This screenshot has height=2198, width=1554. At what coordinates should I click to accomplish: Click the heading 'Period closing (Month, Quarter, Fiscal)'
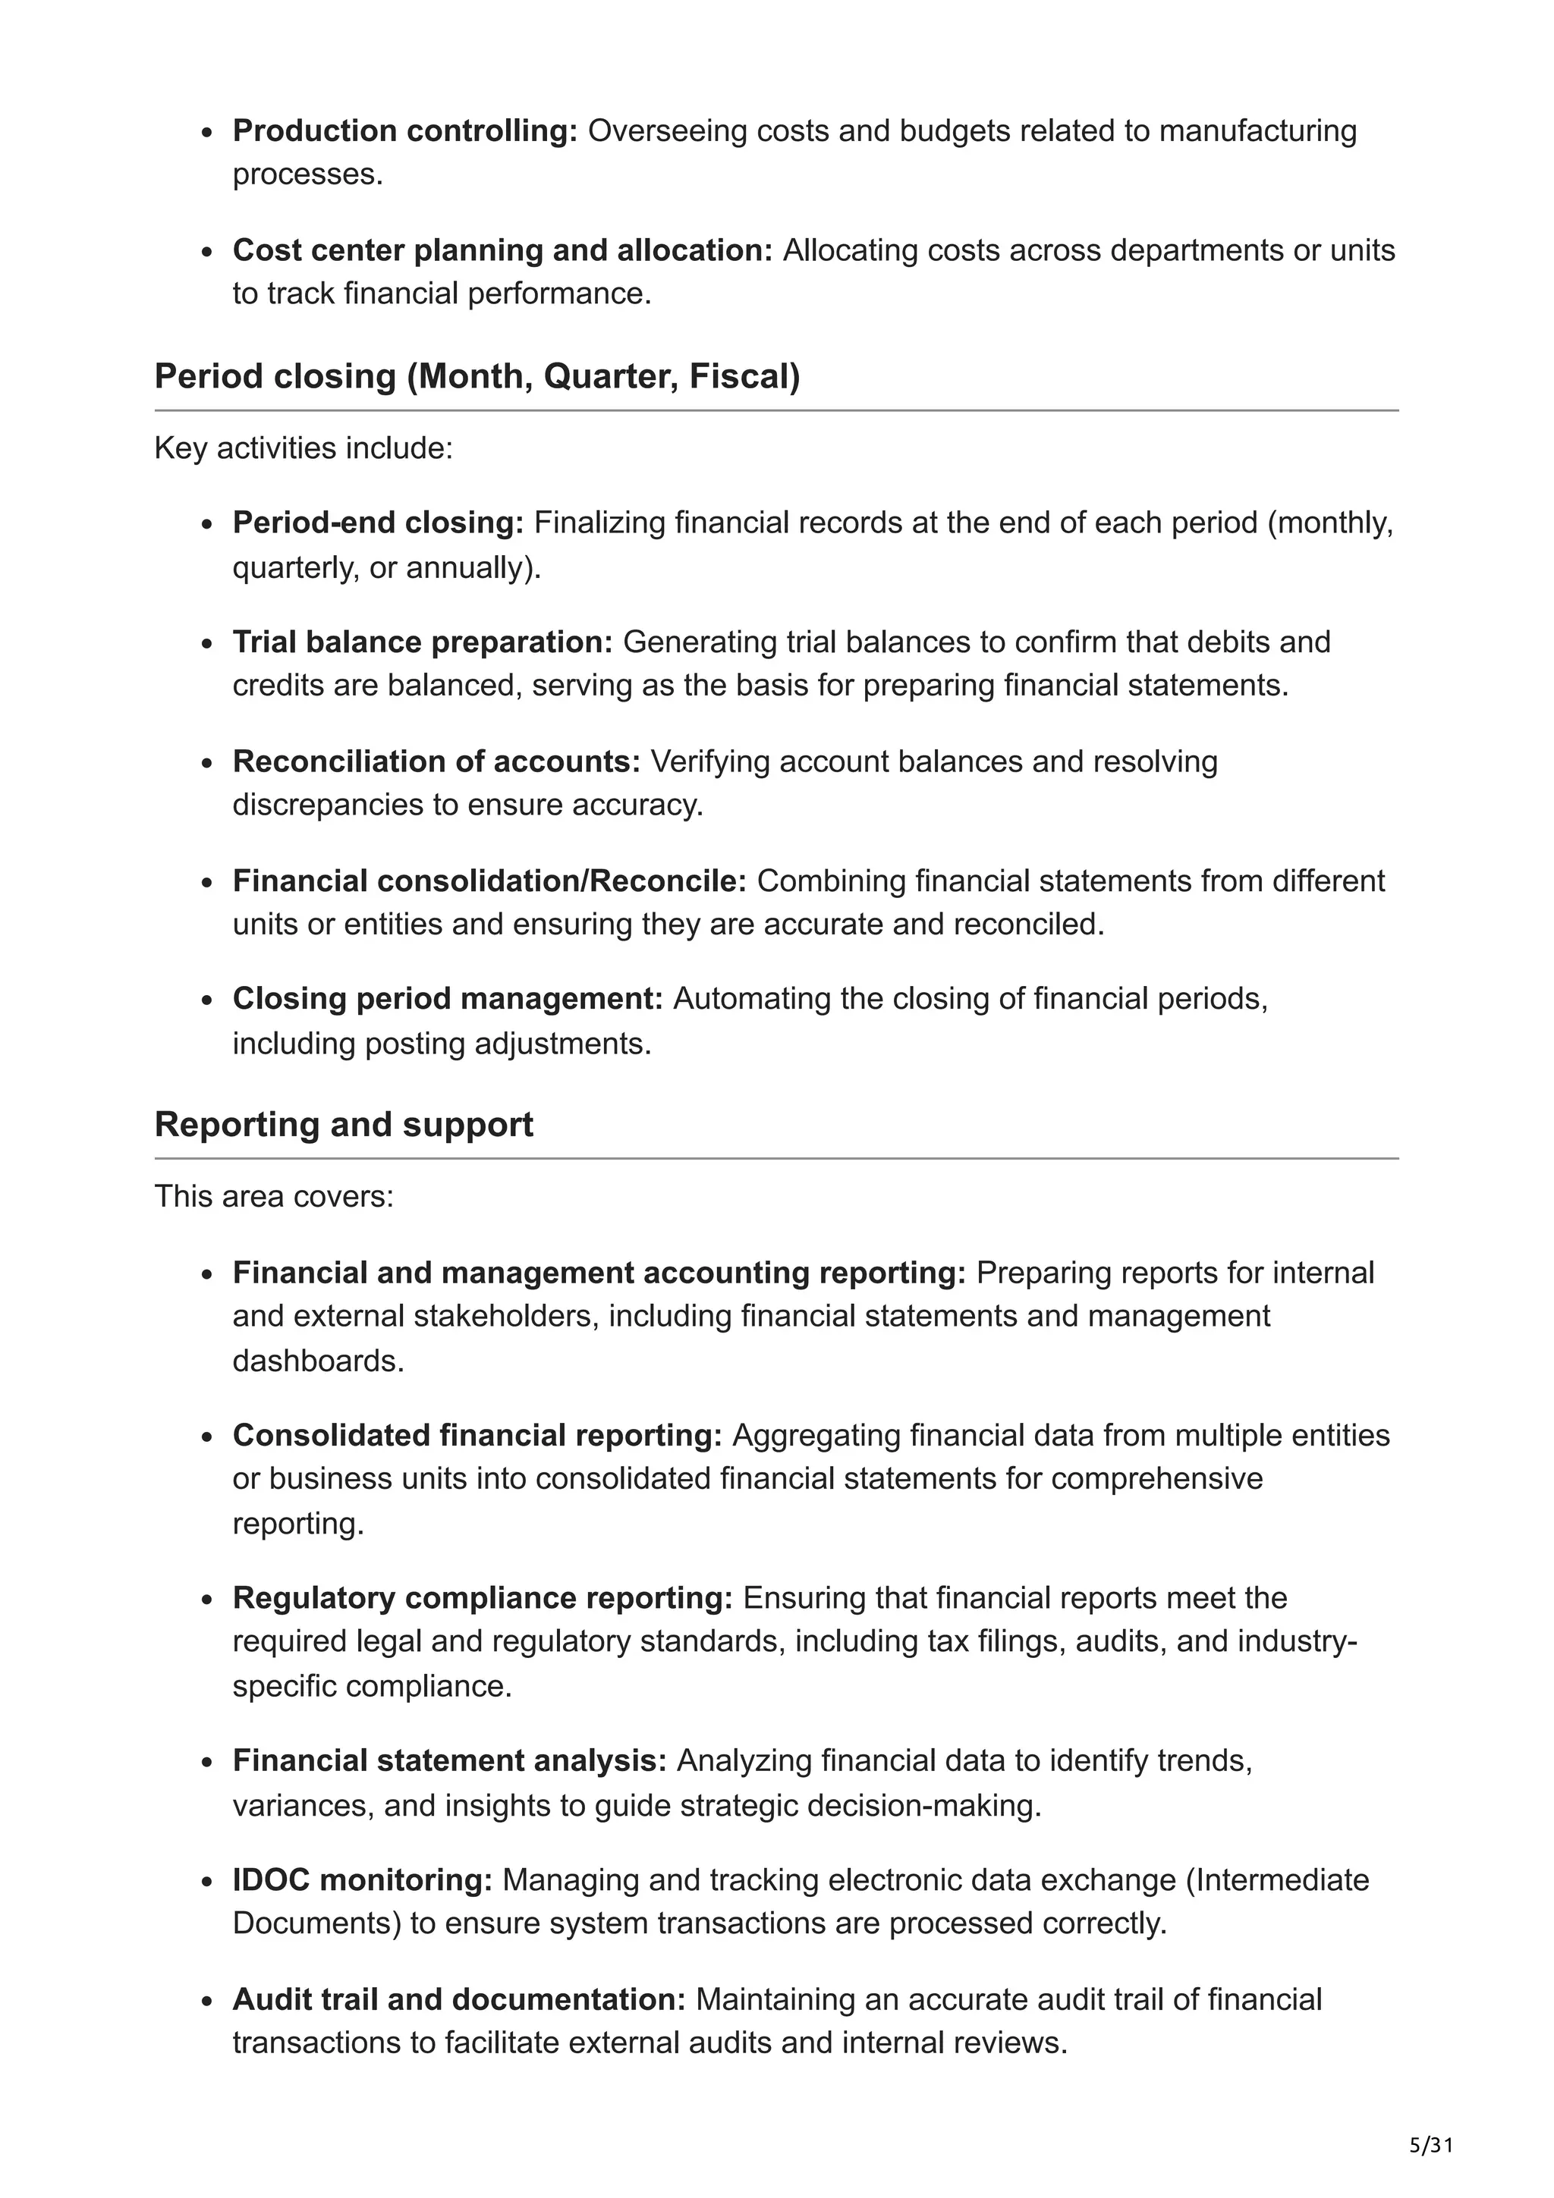(477, 376)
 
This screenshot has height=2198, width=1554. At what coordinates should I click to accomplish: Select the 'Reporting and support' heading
(344, 1124)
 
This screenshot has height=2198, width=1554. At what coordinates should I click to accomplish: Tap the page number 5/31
(1431, 2146)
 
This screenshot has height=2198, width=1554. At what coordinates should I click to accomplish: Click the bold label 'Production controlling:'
(405, 130)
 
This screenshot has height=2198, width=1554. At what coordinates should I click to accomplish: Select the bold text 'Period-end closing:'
(378, 523)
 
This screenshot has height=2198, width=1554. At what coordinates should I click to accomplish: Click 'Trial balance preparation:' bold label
(422, 642)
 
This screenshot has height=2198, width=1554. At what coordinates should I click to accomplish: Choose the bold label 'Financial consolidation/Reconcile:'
(489, 881)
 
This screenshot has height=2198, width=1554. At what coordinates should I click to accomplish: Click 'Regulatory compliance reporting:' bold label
(483, 1598)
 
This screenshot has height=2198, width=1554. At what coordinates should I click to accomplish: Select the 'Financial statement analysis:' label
(450, 1760)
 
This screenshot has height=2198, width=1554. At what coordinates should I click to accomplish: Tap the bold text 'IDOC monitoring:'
(362, 1880)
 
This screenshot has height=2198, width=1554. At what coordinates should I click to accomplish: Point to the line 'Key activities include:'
(304, 448)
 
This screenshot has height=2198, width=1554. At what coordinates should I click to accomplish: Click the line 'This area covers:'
(274, 1197)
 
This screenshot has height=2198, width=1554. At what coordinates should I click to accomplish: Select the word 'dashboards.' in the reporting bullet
(319, 1361)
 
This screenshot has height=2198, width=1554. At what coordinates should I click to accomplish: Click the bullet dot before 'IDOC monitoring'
(207, 1882)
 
